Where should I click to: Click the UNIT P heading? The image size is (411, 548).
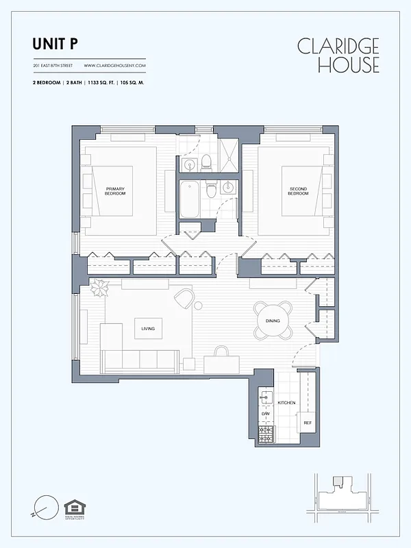click(55, 45)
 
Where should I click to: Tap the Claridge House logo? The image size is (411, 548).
click(338, 55)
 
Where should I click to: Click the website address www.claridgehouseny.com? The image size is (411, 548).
click(114, 66)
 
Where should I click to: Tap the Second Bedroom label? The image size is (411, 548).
click(298, 191)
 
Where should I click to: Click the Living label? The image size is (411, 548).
click(148, 329)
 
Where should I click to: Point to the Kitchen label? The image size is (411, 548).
click(286, 403)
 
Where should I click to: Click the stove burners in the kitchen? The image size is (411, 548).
click(265, 432)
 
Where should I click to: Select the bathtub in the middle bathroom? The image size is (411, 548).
click(190, 198)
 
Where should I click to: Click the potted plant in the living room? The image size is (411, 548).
click(100, 288)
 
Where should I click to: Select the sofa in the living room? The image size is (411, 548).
click(140, 360)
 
